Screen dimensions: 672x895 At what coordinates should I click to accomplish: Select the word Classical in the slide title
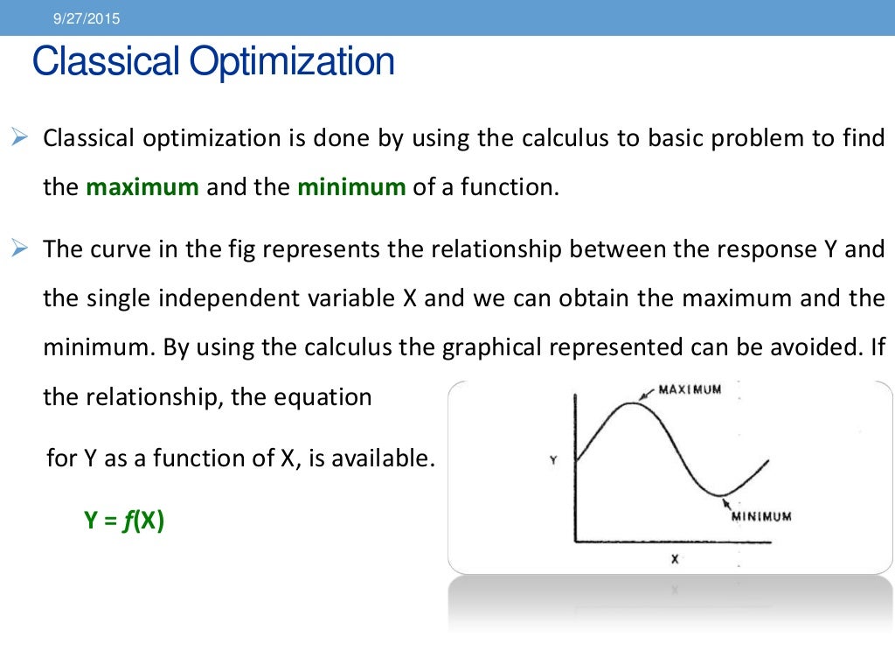pyautogui.click(x=104, y=61)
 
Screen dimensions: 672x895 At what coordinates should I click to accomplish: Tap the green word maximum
pyautogui.click(x=142, y=187)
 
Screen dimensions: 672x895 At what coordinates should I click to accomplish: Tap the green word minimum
pyautogui.click(x=351, y=187)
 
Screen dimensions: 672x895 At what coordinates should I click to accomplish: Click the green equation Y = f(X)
pyautogui.click(x=124, y=521)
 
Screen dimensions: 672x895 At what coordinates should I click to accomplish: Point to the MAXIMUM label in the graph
pyautogui.click(x=690, y=389)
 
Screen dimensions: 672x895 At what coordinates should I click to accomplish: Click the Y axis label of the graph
pyautogui.click(x=553, y=459)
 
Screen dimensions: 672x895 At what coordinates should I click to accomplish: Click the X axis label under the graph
pyautogui.click(x=674, y=559)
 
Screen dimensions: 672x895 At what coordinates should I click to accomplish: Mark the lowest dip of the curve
pyautogui.click(x=722, y=496)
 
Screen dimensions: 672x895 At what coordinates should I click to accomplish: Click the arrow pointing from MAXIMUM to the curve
pyautogui.click(x=649, y=395)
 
